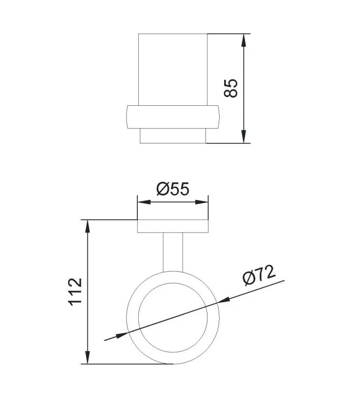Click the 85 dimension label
pos(230,88)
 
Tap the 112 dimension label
pos(75,292)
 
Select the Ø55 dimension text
pos(173,189)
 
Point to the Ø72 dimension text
pos(259,275)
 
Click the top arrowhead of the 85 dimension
pos(243,40)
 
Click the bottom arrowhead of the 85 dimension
pos(243,136)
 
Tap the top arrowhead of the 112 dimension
pos(87,226)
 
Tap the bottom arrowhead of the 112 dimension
pos(87,358)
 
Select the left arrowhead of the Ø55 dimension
pos(144,202)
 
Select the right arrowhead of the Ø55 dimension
pos(201,202)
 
